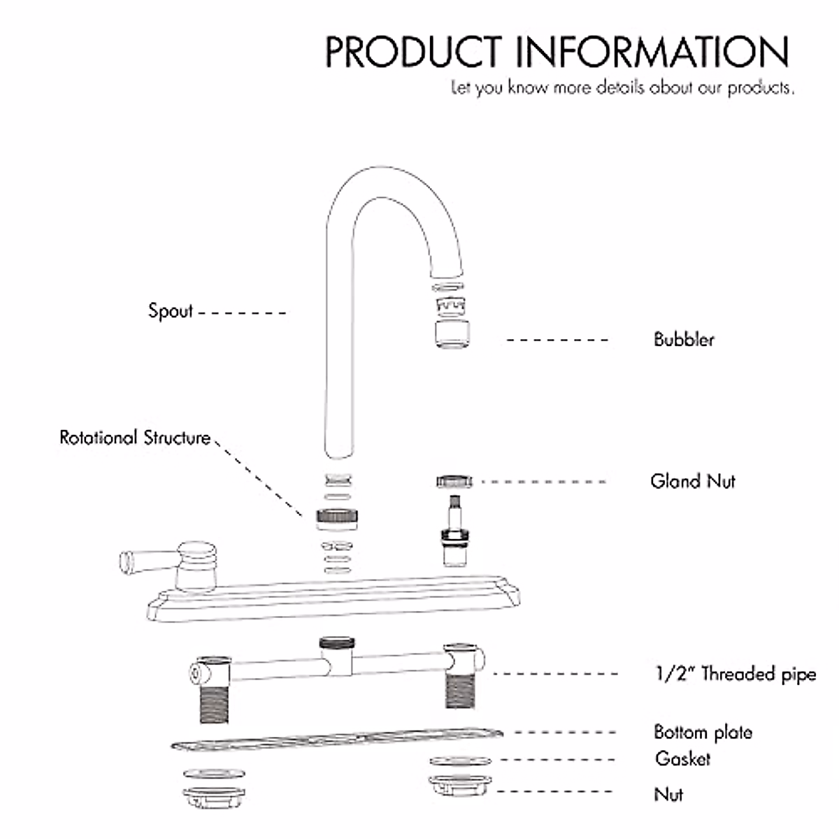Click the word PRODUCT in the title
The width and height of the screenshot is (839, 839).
(x=413, y=51)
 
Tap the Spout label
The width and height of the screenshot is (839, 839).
(x=170, y=310)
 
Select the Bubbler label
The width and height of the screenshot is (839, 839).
(x=684, y=340)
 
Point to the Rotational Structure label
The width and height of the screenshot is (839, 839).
(x=135, y=438)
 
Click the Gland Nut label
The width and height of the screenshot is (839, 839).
(x=692, y=481)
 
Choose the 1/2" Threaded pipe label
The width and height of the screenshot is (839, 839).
(x=735, y=674)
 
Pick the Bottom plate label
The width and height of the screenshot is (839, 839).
(x=703, y=732)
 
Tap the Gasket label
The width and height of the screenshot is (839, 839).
(x=682, y=759)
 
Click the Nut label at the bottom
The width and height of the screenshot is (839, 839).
(x=668, y=794)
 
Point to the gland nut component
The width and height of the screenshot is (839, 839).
(x=454, y=481)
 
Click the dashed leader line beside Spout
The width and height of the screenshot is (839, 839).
(x=242, y=313)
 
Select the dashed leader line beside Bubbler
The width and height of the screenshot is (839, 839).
(x=557, y=340)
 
